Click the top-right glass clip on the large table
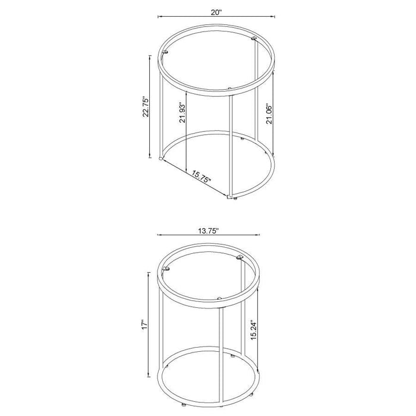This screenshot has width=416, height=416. point(255,39)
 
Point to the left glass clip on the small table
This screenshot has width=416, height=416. point(166,269)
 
